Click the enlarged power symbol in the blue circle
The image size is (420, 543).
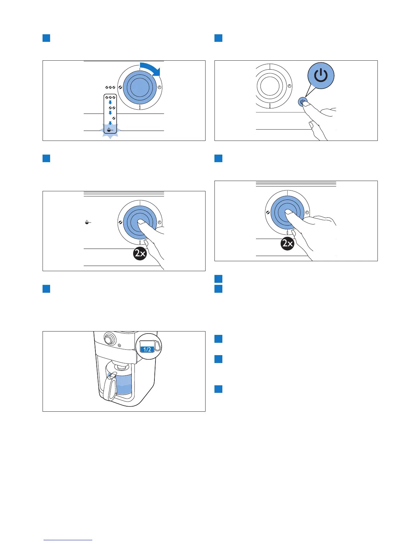pos(321,75)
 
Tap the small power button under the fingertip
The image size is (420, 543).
pos(302,101)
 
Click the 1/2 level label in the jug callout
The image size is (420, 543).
pos(147,350)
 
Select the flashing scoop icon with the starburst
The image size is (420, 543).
pos(109,130)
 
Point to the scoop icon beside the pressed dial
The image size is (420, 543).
pos(88,223)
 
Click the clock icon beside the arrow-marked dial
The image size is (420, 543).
pos(159,88)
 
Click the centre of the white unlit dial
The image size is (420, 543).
pos(270,85)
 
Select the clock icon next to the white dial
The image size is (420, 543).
pos(290,86)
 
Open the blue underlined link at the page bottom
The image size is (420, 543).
pos(68,540)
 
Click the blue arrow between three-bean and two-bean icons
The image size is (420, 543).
pos(110,102)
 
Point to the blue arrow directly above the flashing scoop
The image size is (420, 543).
pos(110,123)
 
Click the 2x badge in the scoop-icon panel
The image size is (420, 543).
pos(140,254)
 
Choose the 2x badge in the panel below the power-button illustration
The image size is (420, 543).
pos(287,244)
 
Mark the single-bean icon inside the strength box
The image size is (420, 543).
pos(114,118)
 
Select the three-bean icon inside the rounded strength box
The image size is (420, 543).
pos(110,97)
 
